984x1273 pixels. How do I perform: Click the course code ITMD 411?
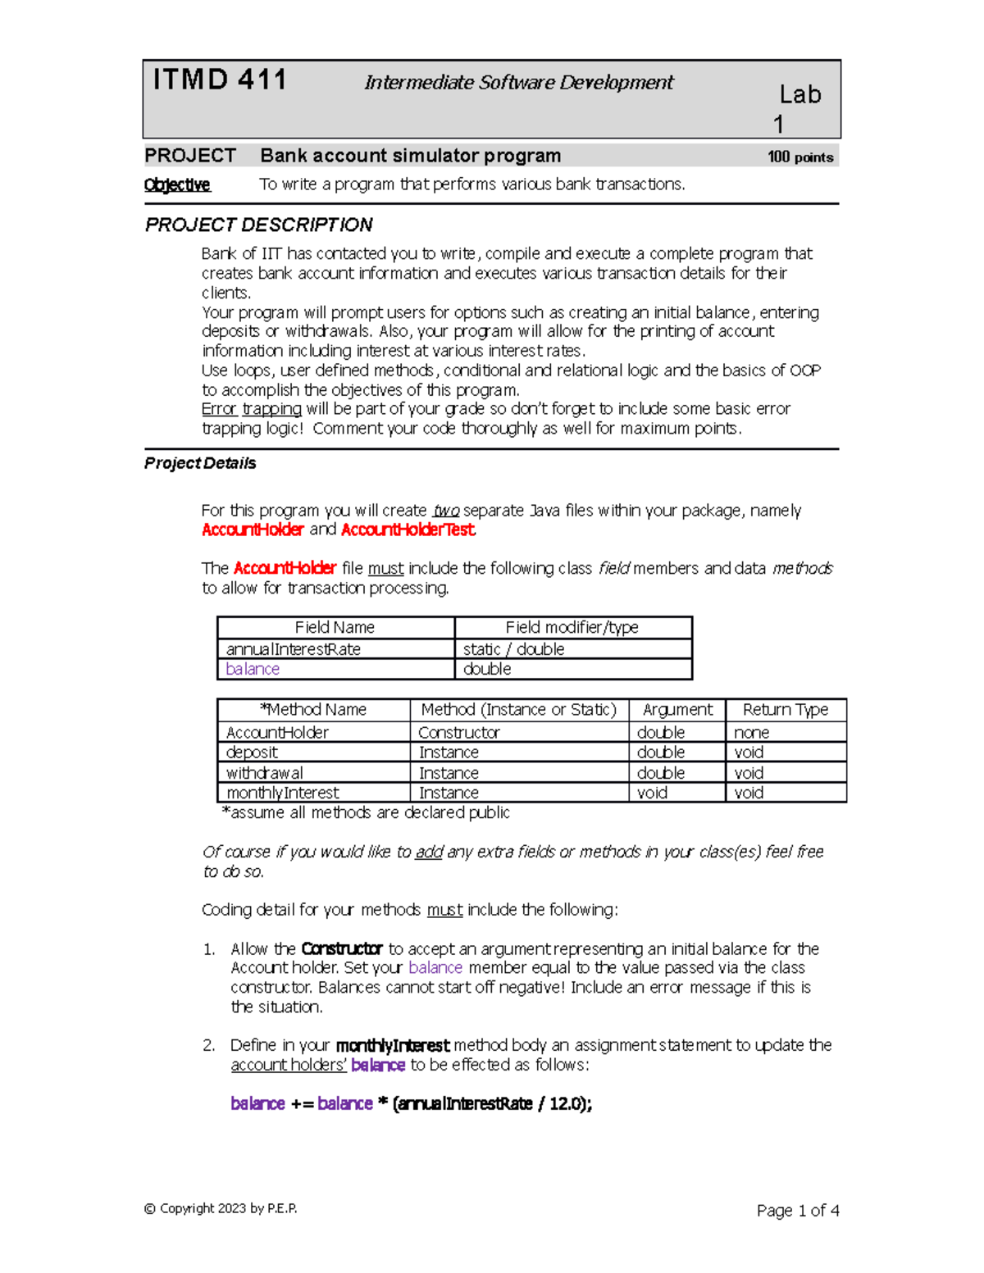click(220, 80)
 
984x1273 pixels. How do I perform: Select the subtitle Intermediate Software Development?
click(518, 83)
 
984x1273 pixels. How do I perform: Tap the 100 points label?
click(799, 157)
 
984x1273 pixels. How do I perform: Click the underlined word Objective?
click(177, 185)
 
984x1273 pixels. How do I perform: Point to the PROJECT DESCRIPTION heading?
click(258, 225)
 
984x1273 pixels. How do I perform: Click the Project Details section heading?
click(200, 464)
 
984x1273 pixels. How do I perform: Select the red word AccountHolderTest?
click(408, 530)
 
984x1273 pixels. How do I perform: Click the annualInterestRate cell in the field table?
click(294, 649)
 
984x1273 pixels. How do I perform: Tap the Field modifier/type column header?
click(572, 628)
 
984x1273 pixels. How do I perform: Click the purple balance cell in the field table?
click(253, 670)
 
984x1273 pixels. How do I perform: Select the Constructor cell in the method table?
click(459, 733)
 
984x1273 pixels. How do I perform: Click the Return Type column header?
click(785, 710)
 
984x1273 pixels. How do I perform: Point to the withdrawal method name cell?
click(264, 773)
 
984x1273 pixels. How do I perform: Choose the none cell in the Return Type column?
click(751, 733)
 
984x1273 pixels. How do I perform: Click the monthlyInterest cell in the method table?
click(282, 793)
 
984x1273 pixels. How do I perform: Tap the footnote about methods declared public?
click(366, 813)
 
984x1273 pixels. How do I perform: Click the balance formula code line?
click(411, 1104)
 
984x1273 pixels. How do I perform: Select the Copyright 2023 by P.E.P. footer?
click(220, 1209)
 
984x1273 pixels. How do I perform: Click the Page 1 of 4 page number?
click(797, 1211)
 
